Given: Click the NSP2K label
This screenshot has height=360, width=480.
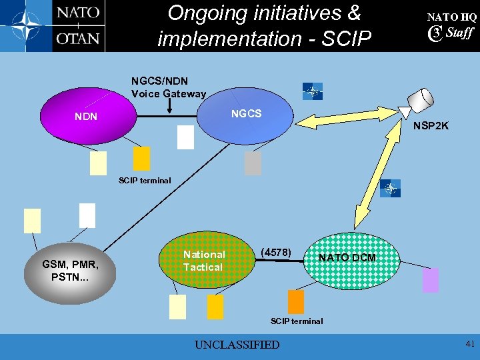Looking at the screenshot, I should click(x=431, y=126).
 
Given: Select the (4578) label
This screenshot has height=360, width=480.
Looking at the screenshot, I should click(x=275, y=252).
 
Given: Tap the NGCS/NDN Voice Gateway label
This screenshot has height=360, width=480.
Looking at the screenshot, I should click(x=169, y=88).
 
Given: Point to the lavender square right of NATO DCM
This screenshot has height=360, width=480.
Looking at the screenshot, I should click(x=431, y=280).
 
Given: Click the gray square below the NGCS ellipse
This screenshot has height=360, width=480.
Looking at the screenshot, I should click(x=253, y=163).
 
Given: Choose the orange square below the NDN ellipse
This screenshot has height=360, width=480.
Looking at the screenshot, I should click(x=141, y=158).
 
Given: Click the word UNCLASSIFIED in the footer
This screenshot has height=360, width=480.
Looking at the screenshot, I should click(x=237, y=345).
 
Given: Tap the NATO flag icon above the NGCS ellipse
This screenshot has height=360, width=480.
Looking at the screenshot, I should click(x=312, y=91).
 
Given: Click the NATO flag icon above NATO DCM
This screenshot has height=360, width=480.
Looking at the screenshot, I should click(x=390, y=189).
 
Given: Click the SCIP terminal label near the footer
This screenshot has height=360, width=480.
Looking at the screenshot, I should click(x=297, y=321).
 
